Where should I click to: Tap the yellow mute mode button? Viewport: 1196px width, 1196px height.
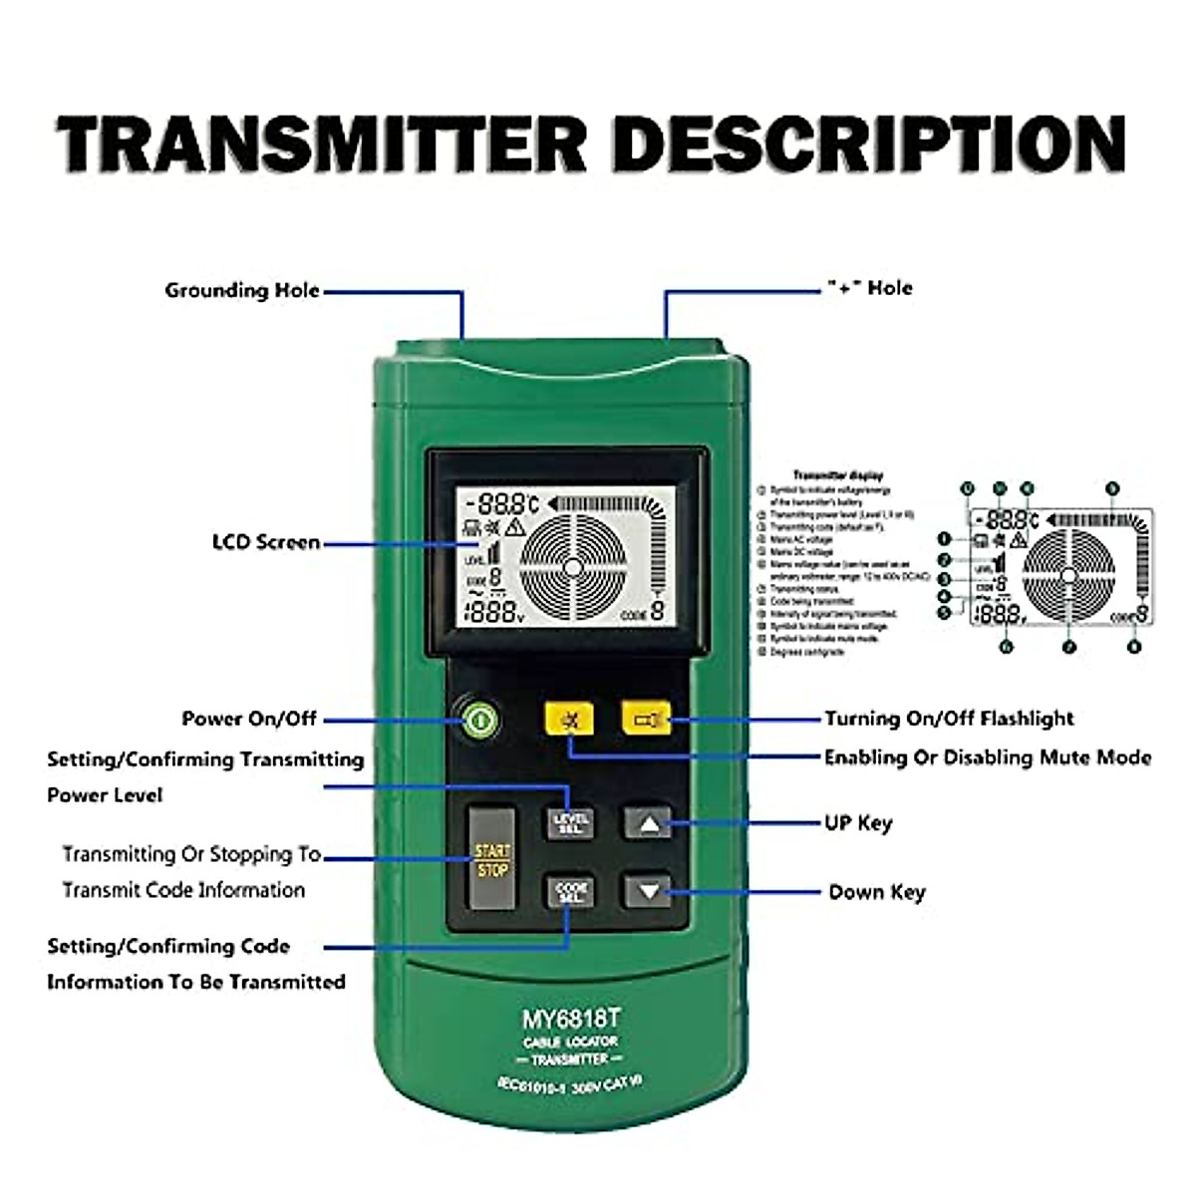pos(569,719)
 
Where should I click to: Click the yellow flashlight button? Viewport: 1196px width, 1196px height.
pos(646,719)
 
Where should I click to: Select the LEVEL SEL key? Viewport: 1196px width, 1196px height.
pos(569,823)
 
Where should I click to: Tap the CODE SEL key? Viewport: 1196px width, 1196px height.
pos(569,891)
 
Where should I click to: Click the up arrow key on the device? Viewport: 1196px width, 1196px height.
pos(648,823)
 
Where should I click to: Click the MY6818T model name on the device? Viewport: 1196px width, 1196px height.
pos(571,1020)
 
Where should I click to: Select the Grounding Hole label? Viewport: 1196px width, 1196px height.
pos(242,291)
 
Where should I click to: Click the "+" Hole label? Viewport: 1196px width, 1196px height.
pos(869,288)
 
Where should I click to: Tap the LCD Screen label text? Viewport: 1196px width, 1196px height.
pos(266,542)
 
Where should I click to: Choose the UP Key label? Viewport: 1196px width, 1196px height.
pos(858,823)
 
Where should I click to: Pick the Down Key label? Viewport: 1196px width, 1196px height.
pos(877,892)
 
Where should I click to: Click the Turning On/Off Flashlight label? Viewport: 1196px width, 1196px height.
pos(949,719)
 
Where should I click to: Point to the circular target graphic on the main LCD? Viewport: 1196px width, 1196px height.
pos(572,567)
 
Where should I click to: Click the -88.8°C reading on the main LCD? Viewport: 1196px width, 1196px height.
pos(504,503)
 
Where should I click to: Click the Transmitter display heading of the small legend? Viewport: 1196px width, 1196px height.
pos(837,476)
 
